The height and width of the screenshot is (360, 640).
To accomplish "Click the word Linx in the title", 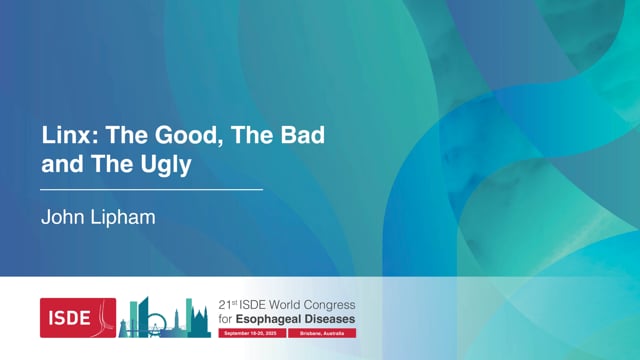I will tap(62, 135).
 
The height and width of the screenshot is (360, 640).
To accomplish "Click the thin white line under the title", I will tap(151, 189).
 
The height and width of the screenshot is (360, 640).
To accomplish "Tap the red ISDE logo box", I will tap(77, 317).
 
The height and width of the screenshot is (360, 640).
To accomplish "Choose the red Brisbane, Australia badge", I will tap(320, 332).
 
